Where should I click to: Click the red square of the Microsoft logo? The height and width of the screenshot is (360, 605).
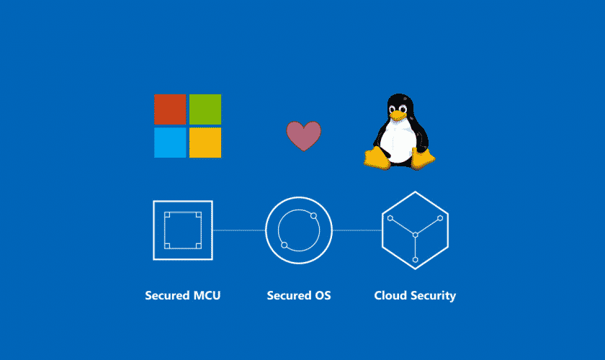tap(170, 109)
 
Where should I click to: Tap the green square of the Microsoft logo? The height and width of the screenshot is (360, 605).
tap(205, 109)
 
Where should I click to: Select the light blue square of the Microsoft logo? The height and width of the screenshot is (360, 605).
tap(170, 143)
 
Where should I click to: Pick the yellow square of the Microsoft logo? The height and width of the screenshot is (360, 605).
tap(205, 143)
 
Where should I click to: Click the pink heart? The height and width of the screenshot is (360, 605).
tap(304, 135)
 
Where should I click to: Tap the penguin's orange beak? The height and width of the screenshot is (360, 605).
tap(398, 115)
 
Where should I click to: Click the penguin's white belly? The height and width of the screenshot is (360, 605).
tap(398, 141)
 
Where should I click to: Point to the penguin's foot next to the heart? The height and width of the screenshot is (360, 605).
tap(377, 158)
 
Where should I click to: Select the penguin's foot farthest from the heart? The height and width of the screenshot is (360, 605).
tap(423, 158)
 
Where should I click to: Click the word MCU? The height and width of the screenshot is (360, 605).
tap(207, 296)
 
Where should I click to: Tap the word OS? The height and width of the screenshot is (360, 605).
tap(323, 296)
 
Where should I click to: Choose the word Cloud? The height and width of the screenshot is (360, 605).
tap(390, 296)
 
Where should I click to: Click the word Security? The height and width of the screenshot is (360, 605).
tap(434, 296)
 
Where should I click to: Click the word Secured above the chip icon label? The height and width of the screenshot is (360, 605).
tap(167, 296)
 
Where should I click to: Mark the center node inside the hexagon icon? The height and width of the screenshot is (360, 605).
tap(415, 235)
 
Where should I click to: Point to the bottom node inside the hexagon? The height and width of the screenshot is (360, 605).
tap(415, 260)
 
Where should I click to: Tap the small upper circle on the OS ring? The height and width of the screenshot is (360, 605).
tap(314, 216)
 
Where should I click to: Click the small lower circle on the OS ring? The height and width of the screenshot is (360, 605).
tap(284, 245)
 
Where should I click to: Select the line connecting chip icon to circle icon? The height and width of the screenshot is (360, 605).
tap(239, 230)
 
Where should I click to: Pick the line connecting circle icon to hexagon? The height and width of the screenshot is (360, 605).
tap(357, 230)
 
